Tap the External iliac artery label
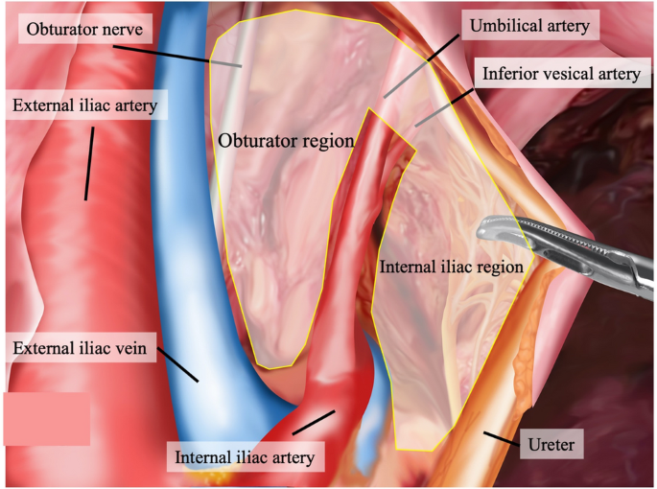85,104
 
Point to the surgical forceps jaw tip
481,230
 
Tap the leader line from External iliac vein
178,365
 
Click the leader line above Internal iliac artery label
314,421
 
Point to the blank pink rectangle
46,418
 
